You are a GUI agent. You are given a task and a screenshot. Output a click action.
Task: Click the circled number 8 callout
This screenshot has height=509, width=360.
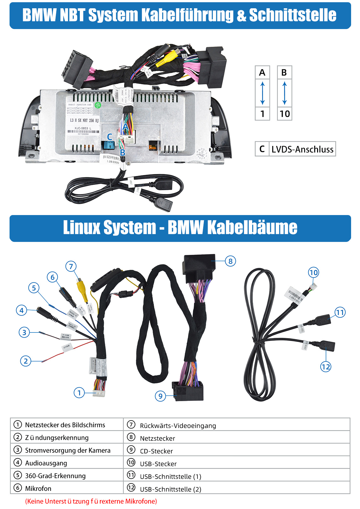click(x=231, y=261)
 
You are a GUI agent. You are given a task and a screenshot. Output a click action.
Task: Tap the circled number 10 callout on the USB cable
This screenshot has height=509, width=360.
click(x=313, y=272)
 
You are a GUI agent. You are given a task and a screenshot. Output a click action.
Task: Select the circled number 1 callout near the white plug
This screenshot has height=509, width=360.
click(x=79, y=393)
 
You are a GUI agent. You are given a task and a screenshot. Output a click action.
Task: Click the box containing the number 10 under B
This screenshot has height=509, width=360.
click(x=285, y=114)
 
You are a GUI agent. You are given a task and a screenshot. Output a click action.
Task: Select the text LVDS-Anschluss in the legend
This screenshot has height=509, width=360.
click(x=302, y=149)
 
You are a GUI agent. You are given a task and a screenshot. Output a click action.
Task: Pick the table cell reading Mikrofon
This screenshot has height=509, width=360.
click(x=38, y=488)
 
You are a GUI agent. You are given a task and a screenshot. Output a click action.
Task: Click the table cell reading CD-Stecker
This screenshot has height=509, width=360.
click(x=156, y=451)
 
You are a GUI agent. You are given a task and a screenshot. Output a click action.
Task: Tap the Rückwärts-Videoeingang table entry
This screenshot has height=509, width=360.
click(x=178, y=426)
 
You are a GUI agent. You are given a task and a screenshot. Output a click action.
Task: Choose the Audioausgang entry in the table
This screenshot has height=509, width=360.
click(x=46, y=463)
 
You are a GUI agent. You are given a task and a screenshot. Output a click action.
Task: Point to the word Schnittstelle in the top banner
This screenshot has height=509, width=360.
click(x=293, y=15)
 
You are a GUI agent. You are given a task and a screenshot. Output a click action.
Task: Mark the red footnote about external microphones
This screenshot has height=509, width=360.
click(x=91, y=501)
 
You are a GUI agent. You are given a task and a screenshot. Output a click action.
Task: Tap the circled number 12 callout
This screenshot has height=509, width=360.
click(x=326, y=367)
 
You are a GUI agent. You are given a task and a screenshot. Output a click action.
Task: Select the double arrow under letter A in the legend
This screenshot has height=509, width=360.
click(x=262, y=93)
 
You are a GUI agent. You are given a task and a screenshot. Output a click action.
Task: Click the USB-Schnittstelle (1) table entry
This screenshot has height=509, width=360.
click(x=170, y=477)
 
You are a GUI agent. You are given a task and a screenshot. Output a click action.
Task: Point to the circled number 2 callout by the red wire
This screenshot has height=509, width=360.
click(x=26, y=361)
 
